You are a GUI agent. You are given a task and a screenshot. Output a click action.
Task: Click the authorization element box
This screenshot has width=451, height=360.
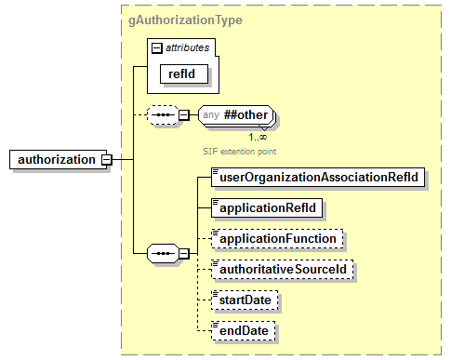click(56, 159)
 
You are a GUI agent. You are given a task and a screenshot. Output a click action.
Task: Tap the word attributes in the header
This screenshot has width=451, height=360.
click(187, 47)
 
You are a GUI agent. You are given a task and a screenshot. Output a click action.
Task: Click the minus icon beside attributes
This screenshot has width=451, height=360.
click(157, 47)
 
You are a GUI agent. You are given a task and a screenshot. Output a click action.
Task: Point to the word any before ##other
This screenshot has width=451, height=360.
click(211, 114)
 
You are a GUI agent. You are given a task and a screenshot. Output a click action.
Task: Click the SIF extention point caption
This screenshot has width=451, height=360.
click(239, 150)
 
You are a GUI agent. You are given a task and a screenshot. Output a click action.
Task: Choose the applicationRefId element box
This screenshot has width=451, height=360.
click(266, 207)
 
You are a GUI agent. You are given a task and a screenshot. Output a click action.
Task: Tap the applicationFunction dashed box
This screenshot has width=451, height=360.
click(276, 239)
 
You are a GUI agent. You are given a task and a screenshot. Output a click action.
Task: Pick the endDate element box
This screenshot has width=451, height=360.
click(243, 330)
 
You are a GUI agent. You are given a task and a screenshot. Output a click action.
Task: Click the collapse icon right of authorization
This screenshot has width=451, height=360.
click(107, 159)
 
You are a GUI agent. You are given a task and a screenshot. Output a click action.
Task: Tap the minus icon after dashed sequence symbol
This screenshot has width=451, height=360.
click(184, 114)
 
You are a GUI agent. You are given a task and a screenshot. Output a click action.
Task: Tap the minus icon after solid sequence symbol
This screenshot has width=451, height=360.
click(184, 252)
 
